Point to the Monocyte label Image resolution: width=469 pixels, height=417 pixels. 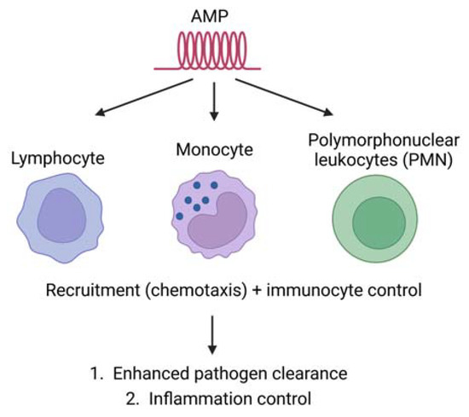pos(214,149)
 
